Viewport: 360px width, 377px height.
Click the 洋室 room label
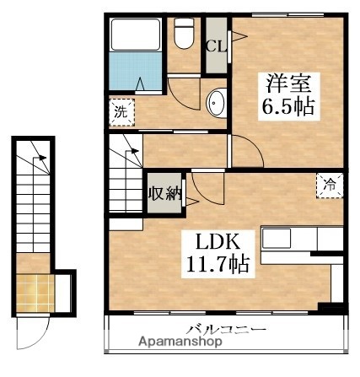point(289,84)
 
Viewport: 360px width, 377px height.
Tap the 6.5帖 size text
point(289,108)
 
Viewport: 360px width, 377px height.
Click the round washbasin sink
point(215,103)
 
